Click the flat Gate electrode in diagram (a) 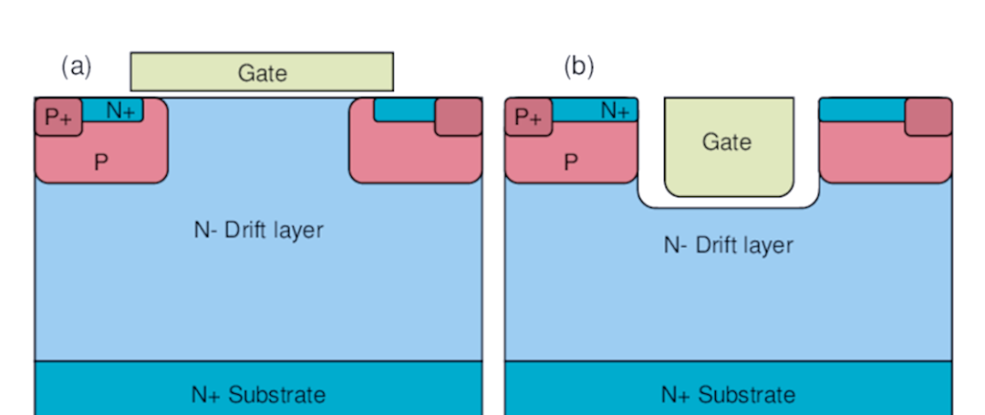click(262, 72)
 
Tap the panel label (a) click(77, 67)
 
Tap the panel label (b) click(579, 67)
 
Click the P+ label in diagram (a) click(57, 118)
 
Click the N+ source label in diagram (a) click(121, 110)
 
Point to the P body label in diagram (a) click(101, 162)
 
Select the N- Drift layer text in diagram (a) click(258, 230)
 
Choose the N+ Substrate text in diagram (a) click(258, 394)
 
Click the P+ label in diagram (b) click(528, 118)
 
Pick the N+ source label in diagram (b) click(616, 110)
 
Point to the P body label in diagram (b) click(571, 162)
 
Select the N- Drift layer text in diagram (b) click(728, 245)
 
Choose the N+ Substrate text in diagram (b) click(728, 394)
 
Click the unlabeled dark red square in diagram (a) click(459, 116)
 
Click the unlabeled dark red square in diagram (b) click(928, 116)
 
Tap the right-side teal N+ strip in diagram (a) click(404, 109)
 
